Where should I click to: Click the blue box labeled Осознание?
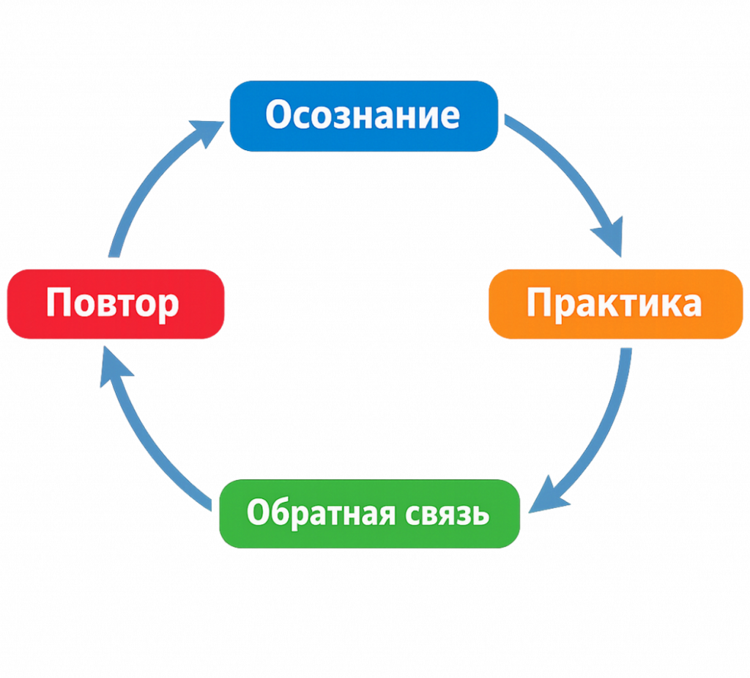pyautogui.click(x=364, y=116)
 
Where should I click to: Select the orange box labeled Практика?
pyautogui.click(x=615, y=304)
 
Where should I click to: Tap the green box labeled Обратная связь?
pyautogui.click(x=369, y=513)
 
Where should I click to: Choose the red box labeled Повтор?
pyautogui.click(x=116, y=304)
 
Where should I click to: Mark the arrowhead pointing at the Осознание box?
pyautogui.click(x=207, y=133)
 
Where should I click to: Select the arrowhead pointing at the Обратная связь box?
pyautogui.click(x=548, y=497)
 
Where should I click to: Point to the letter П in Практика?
pyautogui.click(x=539, y=303)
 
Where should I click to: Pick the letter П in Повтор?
pyautogui.click(x=58, y=303)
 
